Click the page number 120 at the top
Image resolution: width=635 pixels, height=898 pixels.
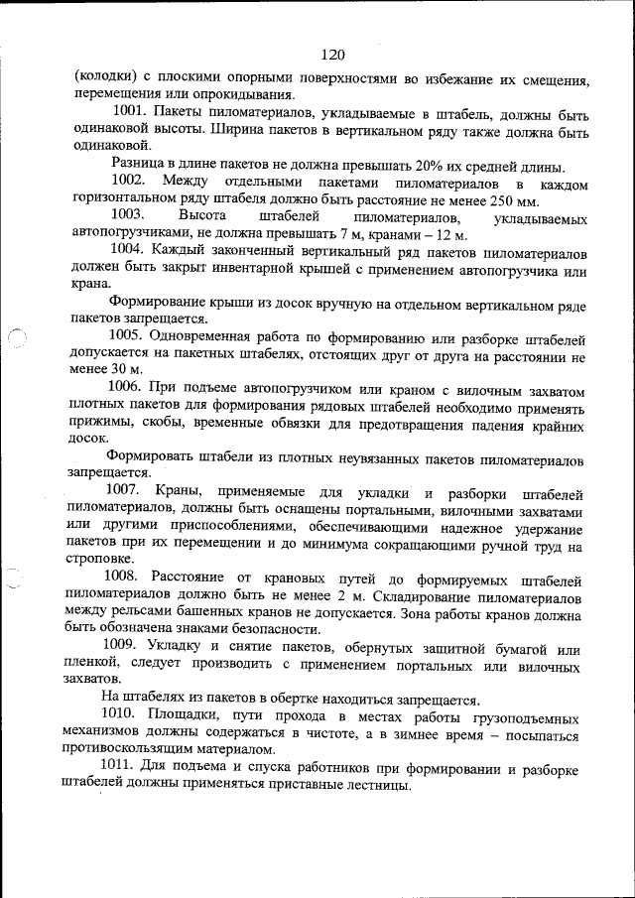(332, 54)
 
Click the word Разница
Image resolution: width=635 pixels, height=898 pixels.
(138, 166)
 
